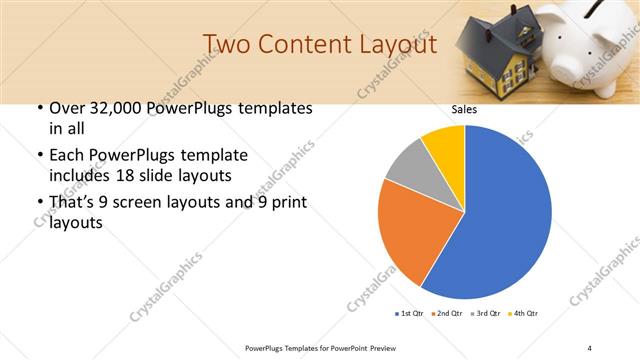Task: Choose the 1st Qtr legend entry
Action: point(411,314)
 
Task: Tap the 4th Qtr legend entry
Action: point(525,314)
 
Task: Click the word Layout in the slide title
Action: point(397,45)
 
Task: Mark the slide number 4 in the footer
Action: point(590,347)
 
